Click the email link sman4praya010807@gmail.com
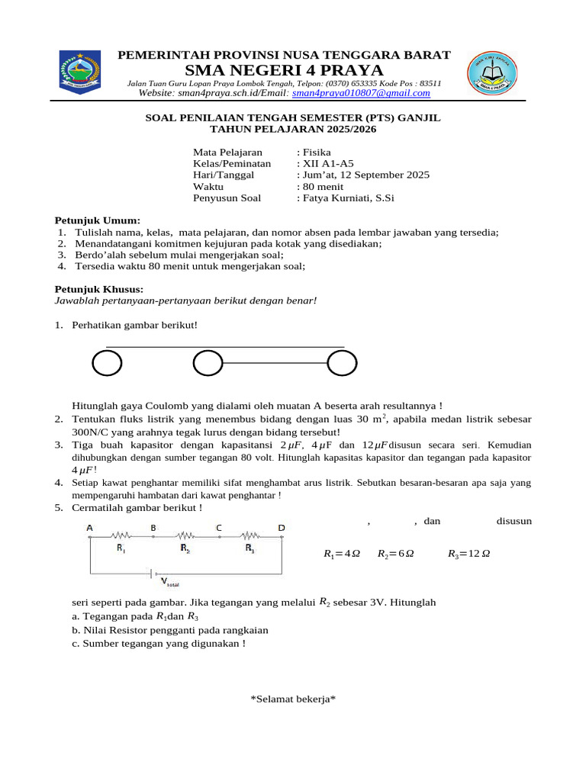click(x=361, y=93)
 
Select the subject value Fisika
click(x=314, y=152)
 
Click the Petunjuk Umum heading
click(x=97, y=220)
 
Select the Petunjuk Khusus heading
click(x=99, y=289)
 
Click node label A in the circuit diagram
click(x=90, y=528)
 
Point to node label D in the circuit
click(x=282, y=528)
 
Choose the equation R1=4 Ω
click(x=342, y=554)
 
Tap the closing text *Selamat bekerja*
click(x=293, y=699)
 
